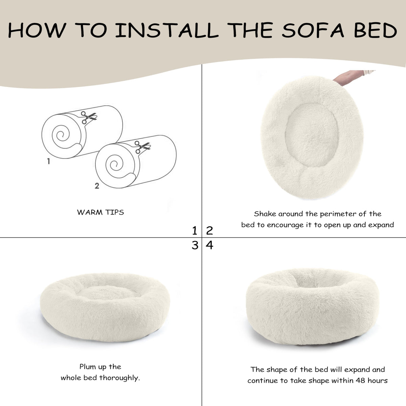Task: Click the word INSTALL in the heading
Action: [x=167, y=30]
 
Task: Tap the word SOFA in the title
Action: [x=313, y=30]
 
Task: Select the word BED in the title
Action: [x=375, y=30]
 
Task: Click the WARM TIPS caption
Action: [x=100, y=212]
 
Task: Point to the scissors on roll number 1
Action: [x=89, y=117]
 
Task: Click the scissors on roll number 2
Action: [x=142, y=147]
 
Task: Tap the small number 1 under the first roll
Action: [x=49, y=161]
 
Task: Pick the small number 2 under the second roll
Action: [x=97, y=186]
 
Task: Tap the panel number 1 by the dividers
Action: [x=195, y=231]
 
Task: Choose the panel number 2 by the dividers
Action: [x=209, y=231]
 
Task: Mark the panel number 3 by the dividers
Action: [x=195, y=245]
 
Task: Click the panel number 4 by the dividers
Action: [x=209, y=245]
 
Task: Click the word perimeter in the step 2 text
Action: [x=339, y=214]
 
